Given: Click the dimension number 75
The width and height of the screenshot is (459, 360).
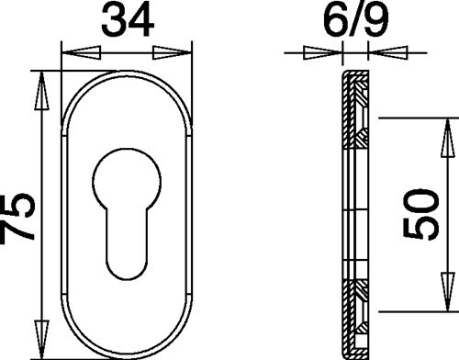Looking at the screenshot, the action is coord(17,219).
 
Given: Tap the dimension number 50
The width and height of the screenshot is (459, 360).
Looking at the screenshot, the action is coord(421,214).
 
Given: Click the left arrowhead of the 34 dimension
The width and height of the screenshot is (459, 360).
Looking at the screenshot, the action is coord(82,52).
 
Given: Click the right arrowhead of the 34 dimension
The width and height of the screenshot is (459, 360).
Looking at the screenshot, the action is coord(172,52).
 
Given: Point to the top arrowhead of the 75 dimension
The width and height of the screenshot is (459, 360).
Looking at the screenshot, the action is coord(41,91).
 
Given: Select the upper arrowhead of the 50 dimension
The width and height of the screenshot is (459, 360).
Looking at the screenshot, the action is coord(448,138).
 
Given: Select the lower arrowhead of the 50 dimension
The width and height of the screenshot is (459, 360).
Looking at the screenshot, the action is coord(448,292).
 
